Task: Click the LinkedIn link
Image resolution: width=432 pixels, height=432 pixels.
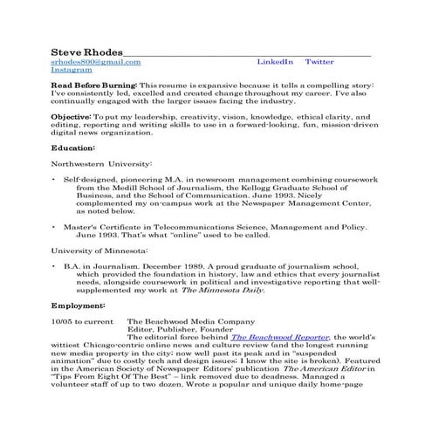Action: pyautogui.click(x=275, y=61)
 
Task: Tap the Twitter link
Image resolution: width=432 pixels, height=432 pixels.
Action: pyautogui.click(x=319, y=61)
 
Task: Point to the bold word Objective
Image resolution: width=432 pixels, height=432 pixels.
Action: pyautogui.click(x=71, y=116)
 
